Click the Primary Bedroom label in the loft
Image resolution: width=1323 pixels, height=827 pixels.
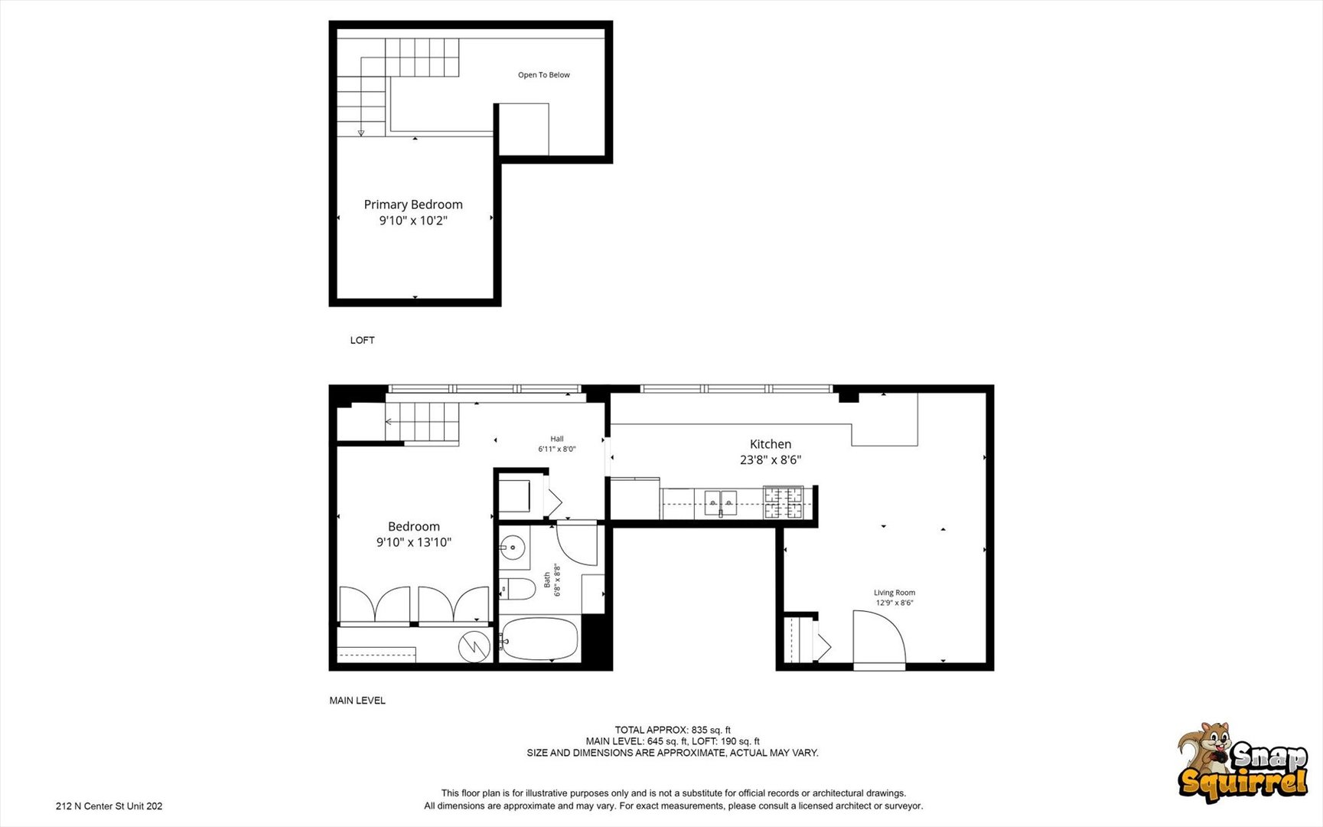click(x=413, y=204)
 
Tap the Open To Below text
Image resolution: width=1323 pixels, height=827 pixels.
click(x=544, y=75)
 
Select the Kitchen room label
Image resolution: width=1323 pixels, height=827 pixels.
click(x=771, y=444)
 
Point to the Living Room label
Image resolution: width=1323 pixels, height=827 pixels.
click(x=894, y=593)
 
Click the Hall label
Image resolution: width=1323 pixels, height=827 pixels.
click(x=557, y=440)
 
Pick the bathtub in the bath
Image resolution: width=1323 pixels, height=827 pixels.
click(x=539, y=639)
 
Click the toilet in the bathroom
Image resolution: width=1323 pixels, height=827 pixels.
click(x=517, y=590)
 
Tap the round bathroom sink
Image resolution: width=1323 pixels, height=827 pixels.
click(x=513, y=548)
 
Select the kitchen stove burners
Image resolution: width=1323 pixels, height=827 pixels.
click(x=784, y=502)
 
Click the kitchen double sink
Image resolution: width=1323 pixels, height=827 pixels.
click(x=720, y=502)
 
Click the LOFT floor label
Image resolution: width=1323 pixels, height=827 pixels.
click(x=363, y=340)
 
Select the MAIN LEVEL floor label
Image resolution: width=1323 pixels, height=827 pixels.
click(x=357, y=701)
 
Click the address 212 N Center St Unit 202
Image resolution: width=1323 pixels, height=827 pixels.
click(x=109, y=806)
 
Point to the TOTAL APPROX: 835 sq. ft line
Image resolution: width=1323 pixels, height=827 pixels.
click(x=673, y=730)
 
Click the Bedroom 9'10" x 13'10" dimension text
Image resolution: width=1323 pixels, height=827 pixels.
click(x=414, y=542)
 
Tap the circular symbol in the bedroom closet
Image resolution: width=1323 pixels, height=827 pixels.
click(x=474, y=647)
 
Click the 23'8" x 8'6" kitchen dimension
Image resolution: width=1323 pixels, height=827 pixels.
click(x=771, y=460)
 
